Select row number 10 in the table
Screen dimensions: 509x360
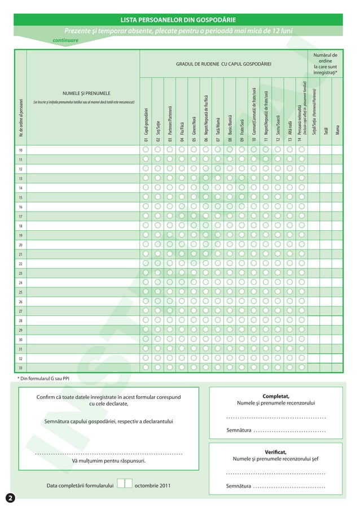[20, 151]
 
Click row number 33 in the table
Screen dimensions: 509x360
[20, 368]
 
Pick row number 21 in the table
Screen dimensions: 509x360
[20, 254]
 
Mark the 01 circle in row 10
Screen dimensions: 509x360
[146, 150]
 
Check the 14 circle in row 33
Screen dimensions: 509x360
[302, 368]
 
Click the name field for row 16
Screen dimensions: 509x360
[83, 207]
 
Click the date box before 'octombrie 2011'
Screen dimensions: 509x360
[125, 484]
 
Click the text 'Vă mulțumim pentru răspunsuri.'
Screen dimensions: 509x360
[108, 461]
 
